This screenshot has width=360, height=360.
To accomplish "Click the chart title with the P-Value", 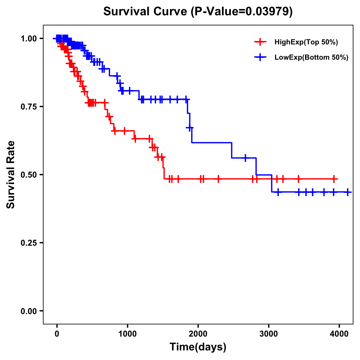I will pos(198,11).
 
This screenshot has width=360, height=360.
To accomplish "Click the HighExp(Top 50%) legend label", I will pos(306,42).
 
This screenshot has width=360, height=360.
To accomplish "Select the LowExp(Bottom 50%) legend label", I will pos(311,58).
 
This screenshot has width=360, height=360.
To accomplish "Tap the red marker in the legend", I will pos(260,42).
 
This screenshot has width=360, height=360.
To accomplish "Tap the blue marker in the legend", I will pos(260,57).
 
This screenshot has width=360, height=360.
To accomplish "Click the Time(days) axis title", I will pos(198,347).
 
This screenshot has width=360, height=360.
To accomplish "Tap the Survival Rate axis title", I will pos(11,174).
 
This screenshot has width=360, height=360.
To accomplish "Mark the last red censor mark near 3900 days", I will pos(334,179).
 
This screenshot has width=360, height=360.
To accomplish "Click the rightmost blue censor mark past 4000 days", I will pos(348,192).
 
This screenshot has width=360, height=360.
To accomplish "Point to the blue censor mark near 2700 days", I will pos(245,158).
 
